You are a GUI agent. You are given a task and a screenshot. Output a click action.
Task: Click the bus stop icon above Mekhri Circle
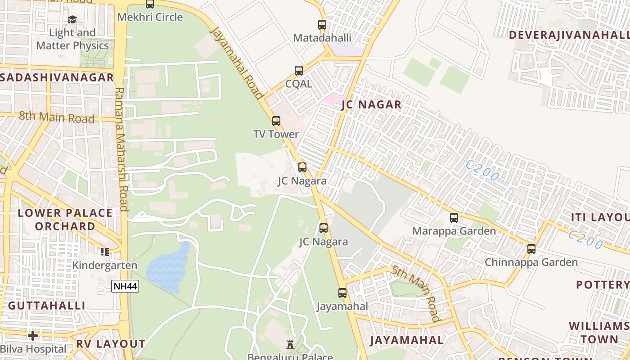(150, 4)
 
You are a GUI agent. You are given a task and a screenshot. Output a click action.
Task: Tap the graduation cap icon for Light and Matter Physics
(72, 19)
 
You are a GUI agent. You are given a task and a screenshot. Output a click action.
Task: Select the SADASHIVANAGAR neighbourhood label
(57, 77)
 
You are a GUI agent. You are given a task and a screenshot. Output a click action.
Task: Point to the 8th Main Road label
(57, 118)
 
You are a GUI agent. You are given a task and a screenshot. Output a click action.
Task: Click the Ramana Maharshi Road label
(121, 148)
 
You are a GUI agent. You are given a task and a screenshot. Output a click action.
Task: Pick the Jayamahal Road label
(236, 62)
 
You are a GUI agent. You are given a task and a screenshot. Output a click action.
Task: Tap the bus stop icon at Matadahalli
(322, 25)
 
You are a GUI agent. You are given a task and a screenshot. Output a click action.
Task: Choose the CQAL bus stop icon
(299, 71)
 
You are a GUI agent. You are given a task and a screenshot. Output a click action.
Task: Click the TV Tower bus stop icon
(276, 121)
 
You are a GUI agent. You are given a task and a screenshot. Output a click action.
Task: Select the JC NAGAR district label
(371, 105)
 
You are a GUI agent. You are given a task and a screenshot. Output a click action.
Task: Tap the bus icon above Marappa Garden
(454, 218)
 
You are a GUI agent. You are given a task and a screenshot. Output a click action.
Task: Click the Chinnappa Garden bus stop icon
(531, 248)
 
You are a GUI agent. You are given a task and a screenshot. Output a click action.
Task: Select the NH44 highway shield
(125, 286)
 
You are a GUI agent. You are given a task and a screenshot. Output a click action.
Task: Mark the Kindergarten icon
(105, 252)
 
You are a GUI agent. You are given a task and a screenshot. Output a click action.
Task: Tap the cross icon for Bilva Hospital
(33, 336)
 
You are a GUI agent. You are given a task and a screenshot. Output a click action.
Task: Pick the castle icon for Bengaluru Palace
(290, 345)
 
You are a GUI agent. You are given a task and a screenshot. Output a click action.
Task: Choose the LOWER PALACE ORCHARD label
(65, 219)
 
